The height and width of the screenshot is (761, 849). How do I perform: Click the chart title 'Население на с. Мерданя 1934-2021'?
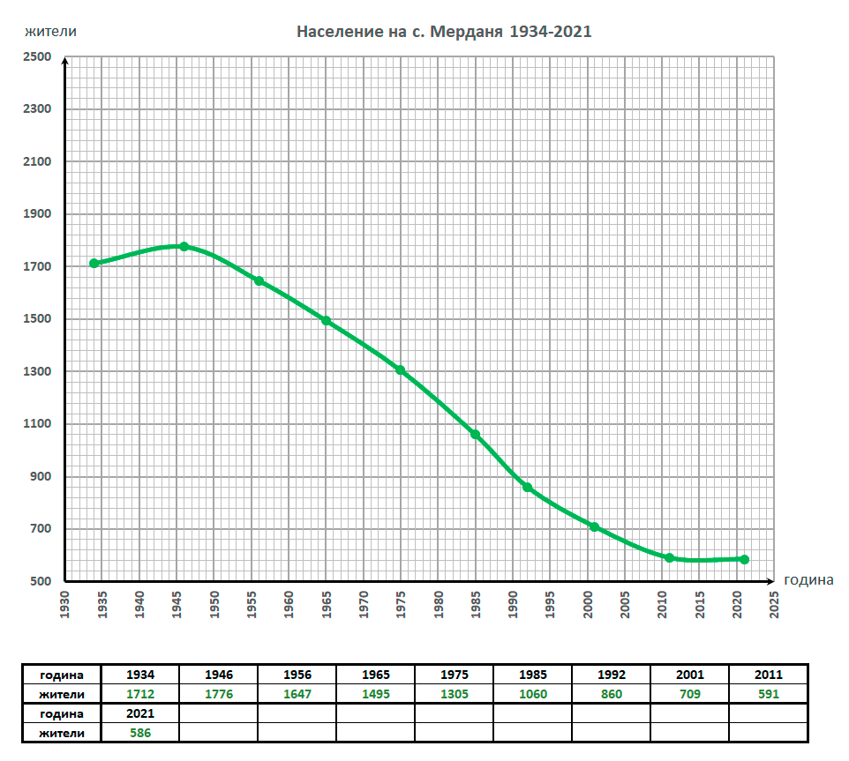tap(443, 32)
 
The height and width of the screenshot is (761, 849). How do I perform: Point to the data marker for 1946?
tap(184, 247)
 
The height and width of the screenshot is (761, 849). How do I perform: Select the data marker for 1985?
tap(476, 435)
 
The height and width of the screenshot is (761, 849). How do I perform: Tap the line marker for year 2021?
tap(745, 559)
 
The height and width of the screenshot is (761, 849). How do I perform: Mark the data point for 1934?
tap(94, 264)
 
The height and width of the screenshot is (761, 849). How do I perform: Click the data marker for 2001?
tap(595, 527)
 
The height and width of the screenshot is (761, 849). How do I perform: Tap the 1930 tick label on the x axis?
tap(65, 604)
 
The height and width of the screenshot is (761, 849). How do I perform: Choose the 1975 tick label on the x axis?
tap(402, 604)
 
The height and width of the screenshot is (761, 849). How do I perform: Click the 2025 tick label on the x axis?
tap(775, 604)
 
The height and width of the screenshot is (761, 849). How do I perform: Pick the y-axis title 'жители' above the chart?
tap(50, 32)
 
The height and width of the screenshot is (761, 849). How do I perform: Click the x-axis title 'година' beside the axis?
tap(808, 580)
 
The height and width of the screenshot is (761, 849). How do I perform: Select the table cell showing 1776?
tap(219, 694)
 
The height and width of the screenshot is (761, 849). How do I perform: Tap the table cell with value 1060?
tap(532, 694)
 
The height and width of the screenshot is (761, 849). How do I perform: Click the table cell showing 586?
tap(140, 732)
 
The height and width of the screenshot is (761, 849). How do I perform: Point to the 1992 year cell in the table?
tap(611, 675)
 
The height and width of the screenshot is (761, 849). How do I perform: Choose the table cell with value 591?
tap(768, 694)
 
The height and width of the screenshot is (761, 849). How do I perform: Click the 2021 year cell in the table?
tap(140, 713)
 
